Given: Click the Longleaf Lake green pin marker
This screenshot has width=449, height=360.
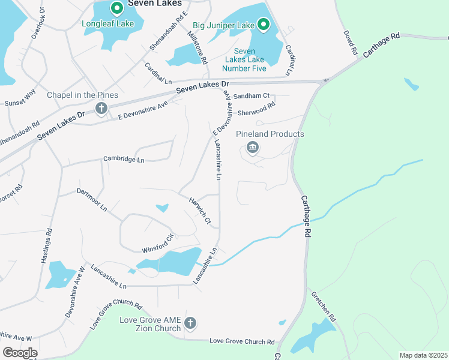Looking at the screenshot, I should click(x=116, y=8).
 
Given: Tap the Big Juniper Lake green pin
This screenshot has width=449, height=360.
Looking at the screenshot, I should click(x=263, y=25).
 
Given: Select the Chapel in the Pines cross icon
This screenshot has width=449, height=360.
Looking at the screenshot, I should click(x=101, y=109).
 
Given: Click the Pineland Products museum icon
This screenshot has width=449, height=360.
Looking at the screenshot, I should click(x=253, y=148).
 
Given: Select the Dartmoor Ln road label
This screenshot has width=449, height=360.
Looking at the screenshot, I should click(x=92, y=200).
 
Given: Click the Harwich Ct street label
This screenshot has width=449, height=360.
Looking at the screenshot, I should click(x=200, y=211).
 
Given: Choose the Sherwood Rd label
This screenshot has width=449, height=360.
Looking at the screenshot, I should click(x=256, y=109).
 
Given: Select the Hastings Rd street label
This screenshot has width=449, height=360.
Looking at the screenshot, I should click(x=46, y=245).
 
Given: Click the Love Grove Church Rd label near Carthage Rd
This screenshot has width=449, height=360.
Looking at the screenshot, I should click(x=242, y=341).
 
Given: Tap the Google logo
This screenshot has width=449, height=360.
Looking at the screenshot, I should click(x=20, y=352).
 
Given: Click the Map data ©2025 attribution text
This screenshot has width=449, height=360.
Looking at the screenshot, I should click(x=423, y=355).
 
